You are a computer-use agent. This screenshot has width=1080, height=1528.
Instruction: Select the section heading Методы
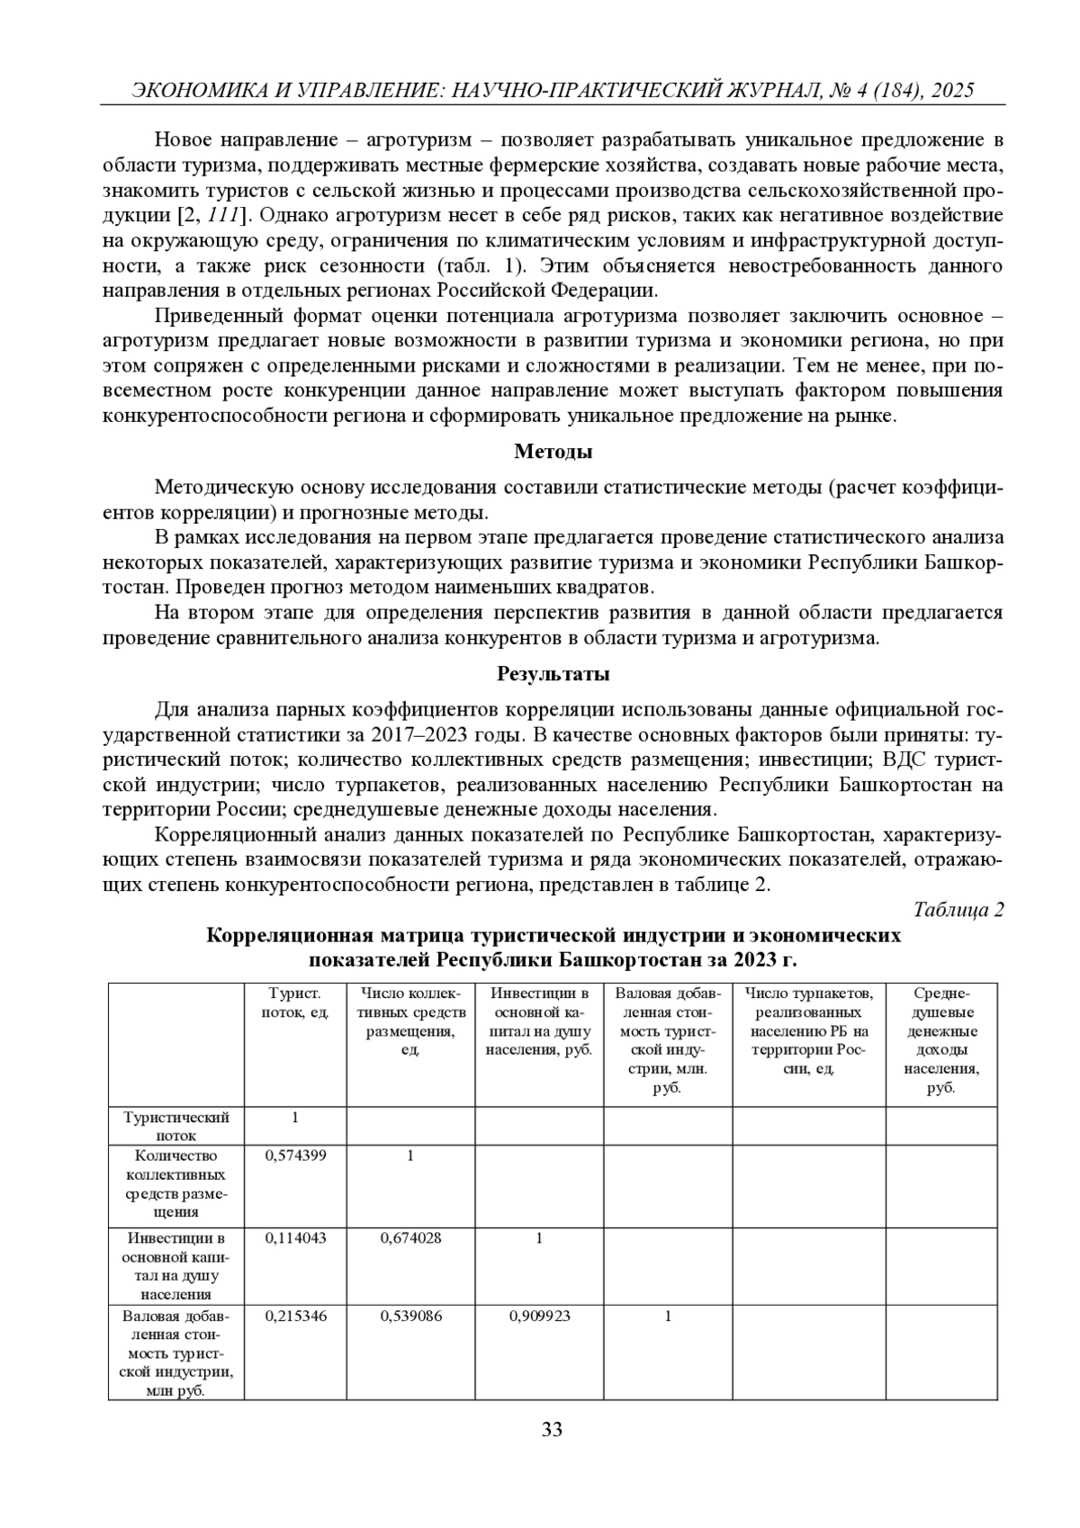pos(553,452)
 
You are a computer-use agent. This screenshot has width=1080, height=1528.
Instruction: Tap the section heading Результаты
pos(553,673)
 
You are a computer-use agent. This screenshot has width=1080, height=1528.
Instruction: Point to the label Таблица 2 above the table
pos(958,909)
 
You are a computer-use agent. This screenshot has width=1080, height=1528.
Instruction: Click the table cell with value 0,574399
pos(295,1155)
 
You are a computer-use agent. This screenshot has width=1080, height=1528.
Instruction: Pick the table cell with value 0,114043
pos(295,1237)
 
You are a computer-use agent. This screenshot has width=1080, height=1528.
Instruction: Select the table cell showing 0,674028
pos(410,1237)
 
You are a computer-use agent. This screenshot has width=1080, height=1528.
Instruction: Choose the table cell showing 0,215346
pos(295,1316)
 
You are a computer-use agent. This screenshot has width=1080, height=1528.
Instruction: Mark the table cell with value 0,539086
pos(410,1316)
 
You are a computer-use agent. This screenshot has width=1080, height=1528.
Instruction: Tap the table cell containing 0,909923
pos(539,1316)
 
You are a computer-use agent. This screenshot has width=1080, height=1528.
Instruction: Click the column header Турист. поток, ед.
pos(295,1002)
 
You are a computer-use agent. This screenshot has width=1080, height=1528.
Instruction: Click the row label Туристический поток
pos(176,1126)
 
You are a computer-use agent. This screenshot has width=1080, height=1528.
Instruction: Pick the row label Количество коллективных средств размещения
pos(176,1183)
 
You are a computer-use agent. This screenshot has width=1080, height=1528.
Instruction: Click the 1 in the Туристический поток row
pos(295,1117)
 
